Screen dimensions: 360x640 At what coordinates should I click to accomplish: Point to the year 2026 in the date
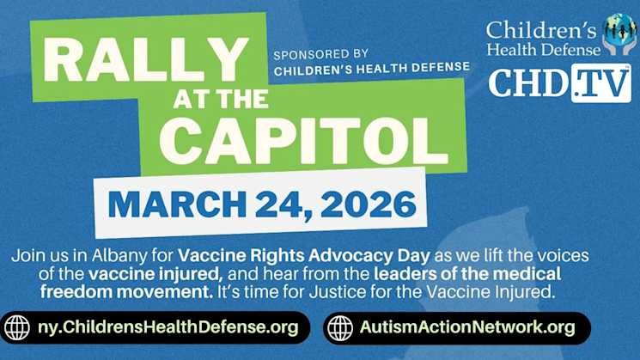click(x=368, y=204)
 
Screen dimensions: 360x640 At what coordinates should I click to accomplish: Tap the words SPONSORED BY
click(x=320, y=53)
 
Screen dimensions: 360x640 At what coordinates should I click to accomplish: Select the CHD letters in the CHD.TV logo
click(x=528, y=83)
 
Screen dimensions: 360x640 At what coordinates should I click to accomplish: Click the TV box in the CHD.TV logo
click(x=600, y=83)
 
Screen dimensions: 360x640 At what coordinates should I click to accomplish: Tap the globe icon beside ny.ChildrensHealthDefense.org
click(x=16, y=327)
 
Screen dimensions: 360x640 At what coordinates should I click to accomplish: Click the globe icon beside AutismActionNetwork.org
click(x=340, y=327)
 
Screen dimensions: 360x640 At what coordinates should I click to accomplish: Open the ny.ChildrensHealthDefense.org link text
click(x=168, y=327)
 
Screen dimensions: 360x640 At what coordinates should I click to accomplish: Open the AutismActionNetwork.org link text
click(x=467, y=327)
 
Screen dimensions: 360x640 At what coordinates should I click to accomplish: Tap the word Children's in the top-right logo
click(x=541, y=28)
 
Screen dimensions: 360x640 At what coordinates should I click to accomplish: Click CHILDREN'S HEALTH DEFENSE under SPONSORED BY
click(x=371, y=67)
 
